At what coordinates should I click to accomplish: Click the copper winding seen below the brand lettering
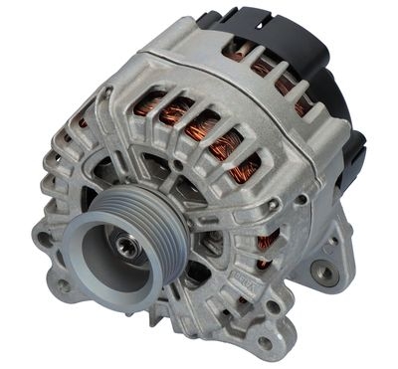click(x=267, y=245)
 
